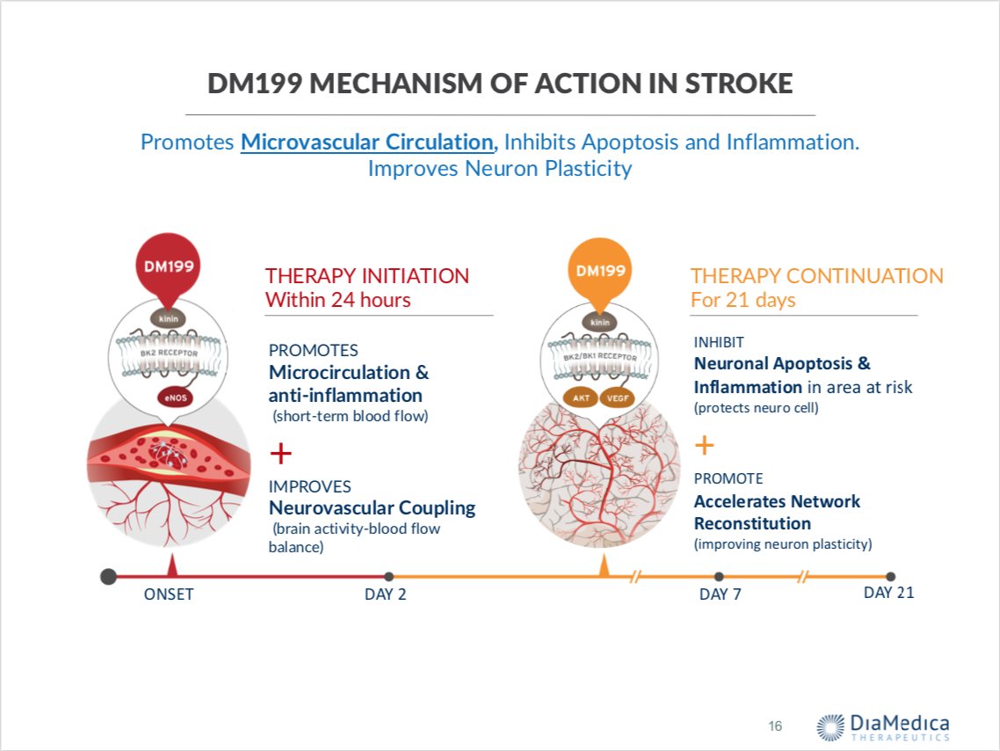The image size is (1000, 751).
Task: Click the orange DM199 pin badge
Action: pyautogui.click(x=600, y=270)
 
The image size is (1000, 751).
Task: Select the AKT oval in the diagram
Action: pyautogui.click(x=580, y=397)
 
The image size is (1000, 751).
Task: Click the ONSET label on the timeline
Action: pyautogui.click(x=169, y=594)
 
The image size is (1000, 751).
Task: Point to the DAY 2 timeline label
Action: pyautogui.click(x=386, y=594)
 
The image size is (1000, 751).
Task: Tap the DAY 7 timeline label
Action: pyautogui.click(x=720, y=594)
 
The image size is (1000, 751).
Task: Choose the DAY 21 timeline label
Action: pyautogui.click(x=888, y=593)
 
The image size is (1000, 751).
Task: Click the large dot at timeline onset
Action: pyautogui.click(x=108, y=577)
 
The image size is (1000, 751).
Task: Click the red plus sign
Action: pyautogui.click(x=280, y=454)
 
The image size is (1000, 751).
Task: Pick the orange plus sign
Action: pyautogui.click(x=705, y=446)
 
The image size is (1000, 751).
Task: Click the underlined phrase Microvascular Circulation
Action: pyautogui.click(x=367, y=142)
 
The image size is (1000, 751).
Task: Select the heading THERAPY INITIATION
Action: pyautogui.click(x=367, y=275)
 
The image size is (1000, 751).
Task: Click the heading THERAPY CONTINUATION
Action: pyautogui.click(x=816, y=275)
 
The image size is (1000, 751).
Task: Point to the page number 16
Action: pyautogui.click(x=775, y=725)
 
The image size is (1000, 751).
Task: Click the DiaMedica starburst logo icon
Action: pyautogui.click(x=831, y=726)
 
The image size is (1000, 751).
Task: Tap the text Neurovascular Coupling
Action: pyautogui.click(x=372, y=507)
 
